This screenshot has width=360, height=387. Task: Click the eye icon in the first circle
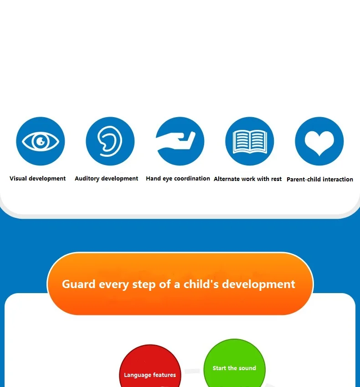pos(41,141)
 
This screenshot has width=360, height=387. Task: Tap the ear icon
pos(110,141)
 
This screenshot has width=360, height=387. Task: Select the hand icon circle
pos(180,141)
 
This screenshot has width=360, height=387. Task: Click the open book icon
pos(250,141)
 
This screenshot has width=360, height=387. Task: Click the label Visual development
pos(37,178)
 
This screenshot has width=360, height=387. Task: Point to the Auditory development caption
pos(106,178)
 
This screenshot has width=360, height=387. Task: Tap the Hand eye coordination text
pos(178,178)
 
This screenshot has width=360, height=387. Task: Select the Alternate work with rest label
pos(247,179)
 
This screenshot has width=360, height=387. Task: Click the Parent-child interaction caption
pos(320,179)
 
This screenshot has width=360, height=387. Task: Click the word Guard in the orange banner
pos(79,284)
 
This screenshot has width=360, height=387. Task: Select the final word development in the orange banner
pos(258,284)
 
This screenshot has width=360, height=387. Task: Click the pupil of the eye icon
pos(41,141)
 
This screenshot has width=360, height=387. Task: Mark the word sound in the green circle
pos(247,368)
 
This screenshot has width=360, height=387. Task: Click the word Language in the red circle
pos(138,375)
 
